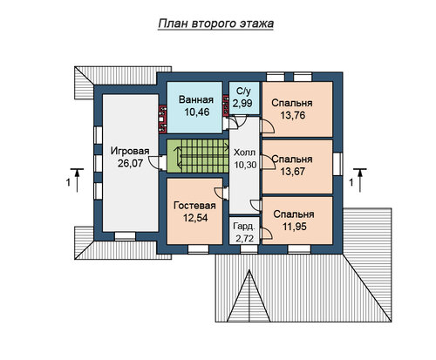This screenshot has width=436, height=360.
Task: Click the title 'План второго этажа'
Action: [x=216, y=24]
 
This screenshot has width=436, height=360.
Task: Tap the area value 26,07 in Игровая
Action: [x=130, y=163]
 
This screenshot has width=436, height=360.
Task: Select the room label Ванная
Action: [x=196, y=99]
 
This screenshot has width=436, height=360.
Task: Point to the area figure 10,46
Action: [x=197, y=112]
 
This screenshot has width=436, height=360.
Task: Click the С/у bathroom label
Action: [x=243, y=92]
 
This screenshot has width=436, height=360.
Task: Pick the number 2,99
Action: [x=242, y=103]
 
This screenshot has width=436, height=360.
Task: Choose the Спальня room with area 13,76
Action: [x=297, y=110]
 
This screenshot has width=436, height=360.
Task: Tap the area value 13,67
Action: [x=293, y=172]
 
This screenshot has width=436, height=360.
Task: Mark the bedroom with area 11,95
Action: [x=297, y=221]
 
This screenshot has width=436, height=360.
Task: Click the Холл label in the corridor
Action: [x=245, y=153]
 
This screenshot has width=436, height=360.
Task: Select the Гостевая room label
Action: [x=194, y=206]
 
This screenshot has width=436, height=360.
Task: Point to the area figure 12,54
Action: [x=195, y=218]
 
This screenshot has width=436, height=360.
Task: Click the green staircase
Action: [x=198, y=156]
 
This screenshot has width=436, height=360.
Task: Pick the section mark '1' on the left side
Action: [x=68, y=183]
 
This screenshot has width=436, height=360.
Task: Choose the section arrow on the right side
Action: [x=360, y=180]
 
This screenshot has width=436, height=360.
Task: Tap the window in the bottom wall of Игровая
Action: [x=125, y=236]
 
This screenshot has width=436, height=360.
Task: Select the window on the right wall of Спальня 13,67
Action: [x=337, y=164]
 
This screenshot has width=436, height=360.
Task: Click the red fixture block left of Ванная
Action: [x=162, y=119]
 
